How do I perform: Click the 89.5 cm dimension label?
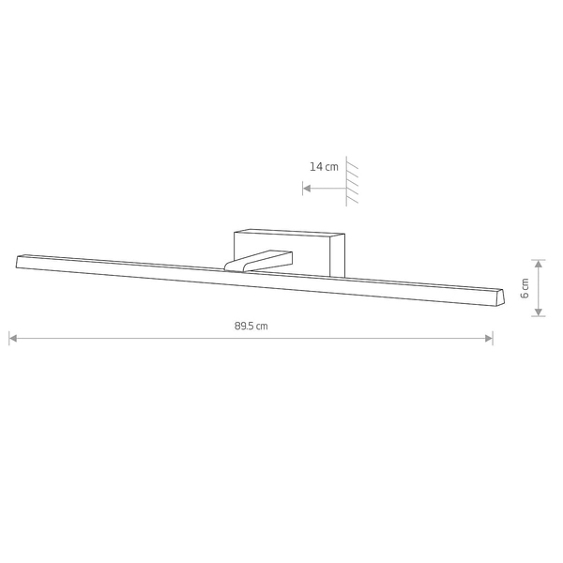tap(251, 326)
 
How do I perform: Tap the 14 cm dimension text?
tap(324, 167)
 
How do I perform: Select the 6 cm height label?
tap(525, 288)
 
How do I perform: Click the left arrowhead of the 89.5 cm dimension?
tap(13, 338)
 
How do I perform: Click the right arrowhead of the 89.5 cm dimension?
tap(489, 338)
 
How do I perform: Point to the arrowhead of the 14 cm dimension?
tap(307, 189)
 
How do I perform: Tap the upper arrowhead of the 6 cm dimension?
tap(539, 264)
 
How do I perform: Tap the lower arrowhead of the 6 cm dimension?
tap(539, 312)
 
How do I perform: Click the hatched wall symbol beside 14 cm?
tap(352, 181)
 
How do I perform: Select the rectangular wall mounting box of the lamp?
tap(289, 253)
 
